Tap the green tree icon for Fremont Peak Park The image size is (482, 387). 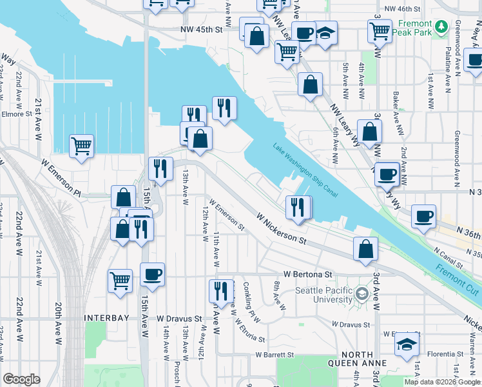[x=441, y=26]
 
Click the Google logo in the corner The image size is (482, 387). [x=21, y=379]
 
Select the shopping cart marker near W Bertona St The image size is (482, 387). [x=120, y=281]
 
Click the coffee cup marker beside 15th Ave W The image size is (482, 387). [x=153, y=274]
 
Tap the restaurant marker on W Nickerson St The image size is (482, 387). [x=298, y=208]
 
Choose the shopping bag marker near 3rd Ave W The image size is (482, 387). [x=366, y=249]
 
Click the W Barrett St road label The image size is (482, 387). [x=275, y=355]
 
